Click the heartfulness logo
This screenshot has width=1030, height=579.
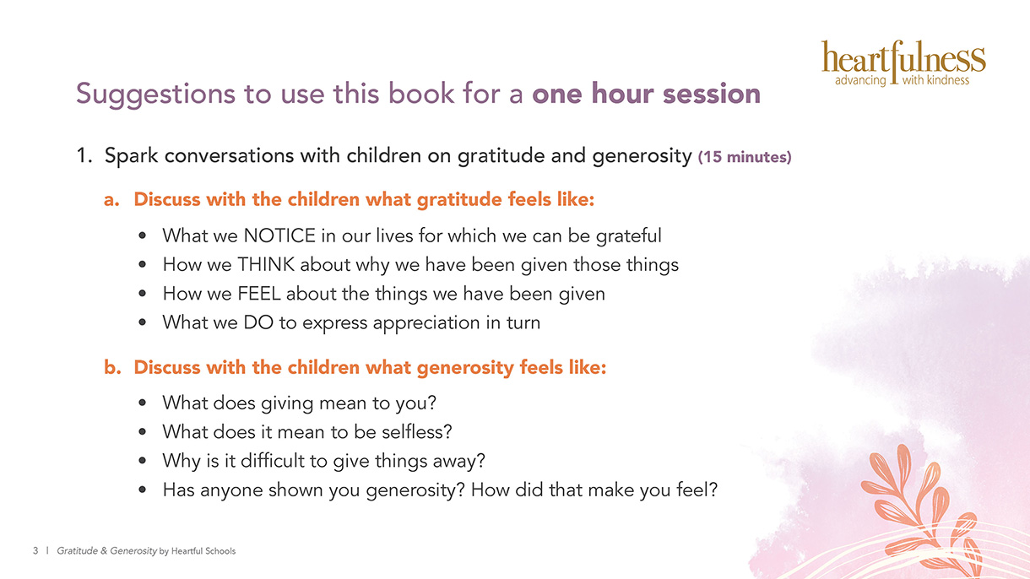[903, 64]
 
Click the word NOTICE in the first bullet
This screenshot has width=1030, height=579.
[279, 235]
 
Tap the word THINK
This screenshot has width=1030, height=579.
[266, 265]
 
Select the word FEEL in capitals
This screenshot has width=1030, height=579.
[259, 294]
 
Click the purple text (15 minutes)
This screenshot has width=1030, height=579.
[745, 157]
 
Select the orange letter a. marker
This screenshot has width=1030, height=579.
[111, 199]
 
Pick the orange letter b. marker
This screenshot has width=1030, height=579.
[112, 367]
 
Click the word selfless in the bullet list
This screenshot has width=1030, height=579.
[416, 431]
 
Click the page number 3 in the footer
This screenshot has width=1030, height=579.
[35, 550]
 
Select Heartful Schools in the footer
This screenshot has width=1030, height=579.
[203, 551]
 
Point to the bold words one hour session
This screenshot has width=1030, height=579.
[647, 94]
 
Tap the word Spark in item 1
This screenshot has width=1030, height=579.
[132, 156]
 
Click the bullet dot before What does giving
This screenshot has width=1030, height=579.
[142, 403]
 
